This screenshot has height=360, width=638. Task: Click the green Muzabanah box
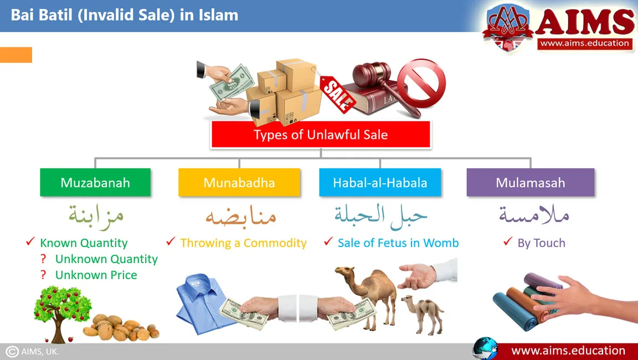95,182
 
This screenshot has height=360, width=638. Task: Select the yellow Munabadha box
239,182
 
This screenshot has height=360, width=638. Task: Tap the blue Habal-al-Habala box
380,182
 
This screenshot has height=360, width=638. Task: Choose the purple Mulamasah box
531,182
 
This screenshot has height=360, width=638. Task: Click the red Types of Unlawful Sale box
321,134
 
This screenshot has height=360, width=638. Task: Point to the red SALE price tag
337,94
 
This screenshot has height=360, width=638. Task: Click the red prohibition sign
421,84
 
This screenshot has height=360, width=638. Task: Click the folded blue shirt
202,303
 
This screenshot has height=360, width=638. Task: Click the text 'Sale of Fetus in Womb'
398,243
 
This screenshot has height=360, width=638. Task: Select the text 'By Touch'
541,243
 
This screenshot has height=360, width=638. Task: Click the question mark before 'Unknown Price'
43,275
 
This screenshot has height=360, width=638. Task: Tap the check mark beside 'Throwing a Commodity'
171,241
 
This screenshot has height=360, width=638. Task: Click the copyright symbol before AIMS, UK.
12,352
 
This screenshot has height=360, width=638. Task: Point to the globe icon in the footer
485,348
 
